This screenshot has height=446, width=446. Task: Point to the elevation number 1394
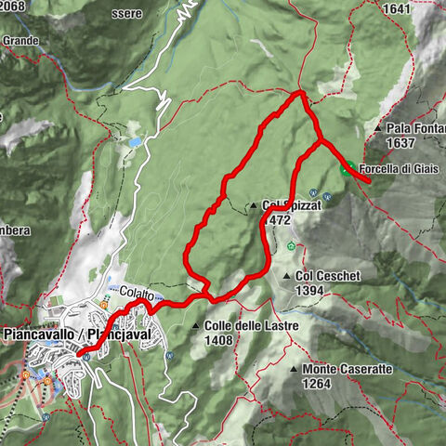click(309, 291)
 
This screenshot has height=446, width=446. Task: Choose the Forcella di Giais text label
click(400, 169)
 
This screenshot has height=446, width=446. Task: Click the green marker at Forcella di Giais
click(347, 169)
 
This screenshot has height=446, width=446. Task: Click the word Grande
click(20, 41)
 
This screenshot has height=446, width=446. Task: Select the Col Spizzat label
click(283, 205)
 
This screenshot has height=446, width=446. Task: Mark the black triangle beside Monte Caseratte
click(294, 370)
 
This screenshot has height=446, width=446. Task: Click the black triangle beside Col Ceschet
click(285, 277)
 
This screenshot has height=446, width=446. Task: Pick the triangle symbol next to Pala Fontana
click(380, 128)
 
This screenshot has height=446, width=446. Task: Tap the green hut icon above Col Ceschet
click(292, 247)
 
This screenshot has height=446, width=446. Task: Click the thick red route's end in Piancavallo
click(82, 353)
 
